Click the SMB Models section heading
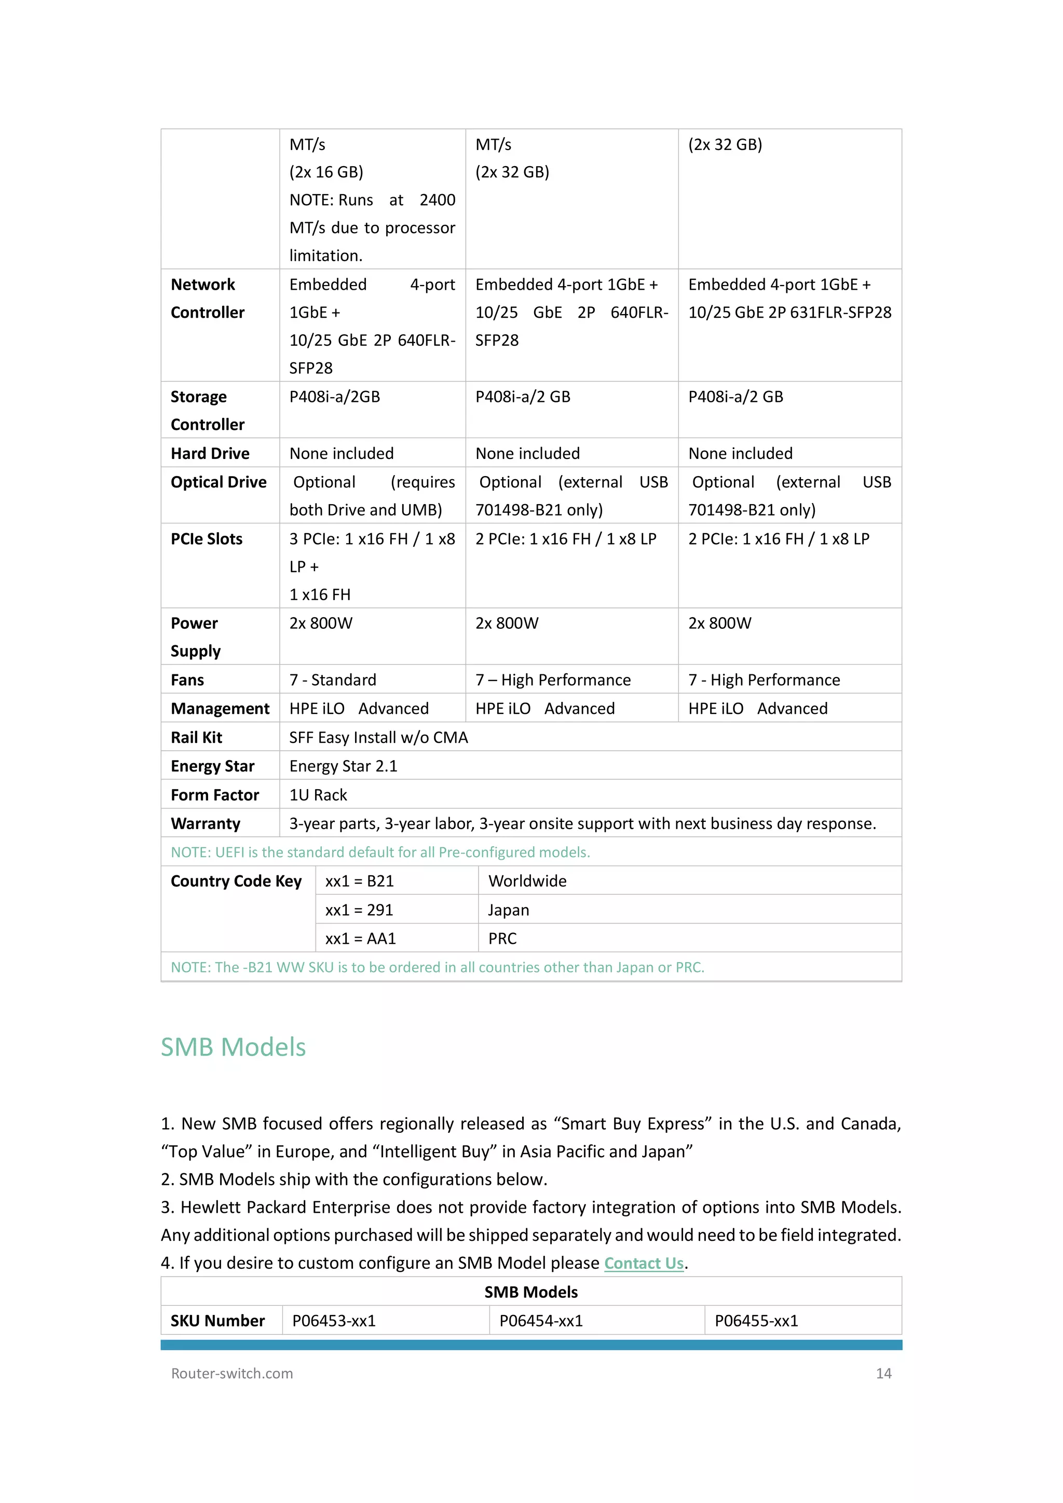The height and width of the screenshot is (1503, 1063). click(233, 1047)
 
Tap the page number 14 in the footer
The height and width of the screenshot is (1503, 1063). click(883, 1373)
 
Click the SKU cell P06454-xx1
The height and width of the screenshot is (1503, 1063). click(541, 1320)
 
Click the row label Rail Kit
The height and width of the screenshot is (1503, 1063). click(196, 737)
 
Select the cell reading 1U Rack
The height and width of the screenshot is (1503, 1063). click(318, 795)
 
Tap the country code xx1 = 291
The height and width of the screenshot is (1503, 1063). click(359, 910)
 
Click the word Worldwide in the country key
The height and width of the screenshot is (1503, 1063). click(527, 881)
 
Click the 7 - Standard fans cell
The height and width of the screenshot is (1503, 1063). click(333, 680)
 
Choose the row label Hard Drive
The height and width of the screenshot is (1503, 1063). click(210, 454)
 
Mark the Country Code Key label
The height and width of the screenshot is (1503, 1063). click(236, 881)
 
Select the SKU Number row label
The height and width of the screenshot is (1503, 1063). click(217, 1320)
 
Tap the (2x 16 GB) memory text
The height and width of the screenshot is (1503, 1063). click(326, 172)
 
